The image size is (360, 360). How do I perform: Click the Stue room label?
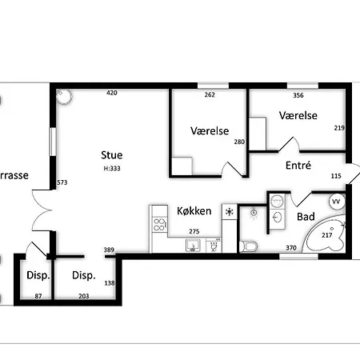tap(112, 154)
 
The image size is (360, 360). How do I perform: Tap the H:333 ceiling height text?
tap(112, 169)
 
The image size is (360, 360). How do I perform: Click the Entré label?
tap(298, 166)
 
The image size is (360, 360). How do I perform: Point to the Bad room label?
tap(306, 217)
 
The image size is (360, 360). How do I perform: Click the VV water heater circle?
tap(336, 201)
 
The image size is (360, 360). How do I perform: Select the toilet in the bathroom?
tap(248, 243)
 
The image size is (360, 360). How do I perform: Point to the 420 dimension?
tap(112, 94)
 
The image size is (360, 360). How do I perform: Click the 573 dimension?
tap(62, 183)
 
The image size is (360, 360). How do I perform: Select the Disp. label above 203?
tap(84, 276)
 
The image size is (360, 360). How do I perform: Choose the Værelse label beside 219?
tap(298, 115)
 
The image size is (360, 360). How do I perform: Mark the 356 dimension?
tap(298, 94)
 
